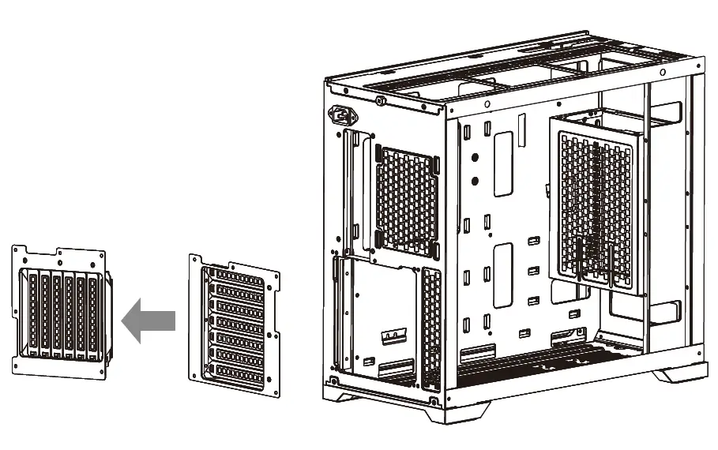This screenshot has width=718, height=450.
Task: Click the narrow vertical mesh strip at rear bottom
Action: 431,327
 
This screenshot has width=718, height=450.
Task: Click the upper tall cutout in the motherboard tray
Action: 502,163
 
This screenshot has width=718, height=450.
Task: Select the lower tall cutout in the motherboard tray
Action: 502,275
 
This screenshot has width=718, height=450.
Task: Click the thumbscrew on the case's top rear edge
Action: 380,101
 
